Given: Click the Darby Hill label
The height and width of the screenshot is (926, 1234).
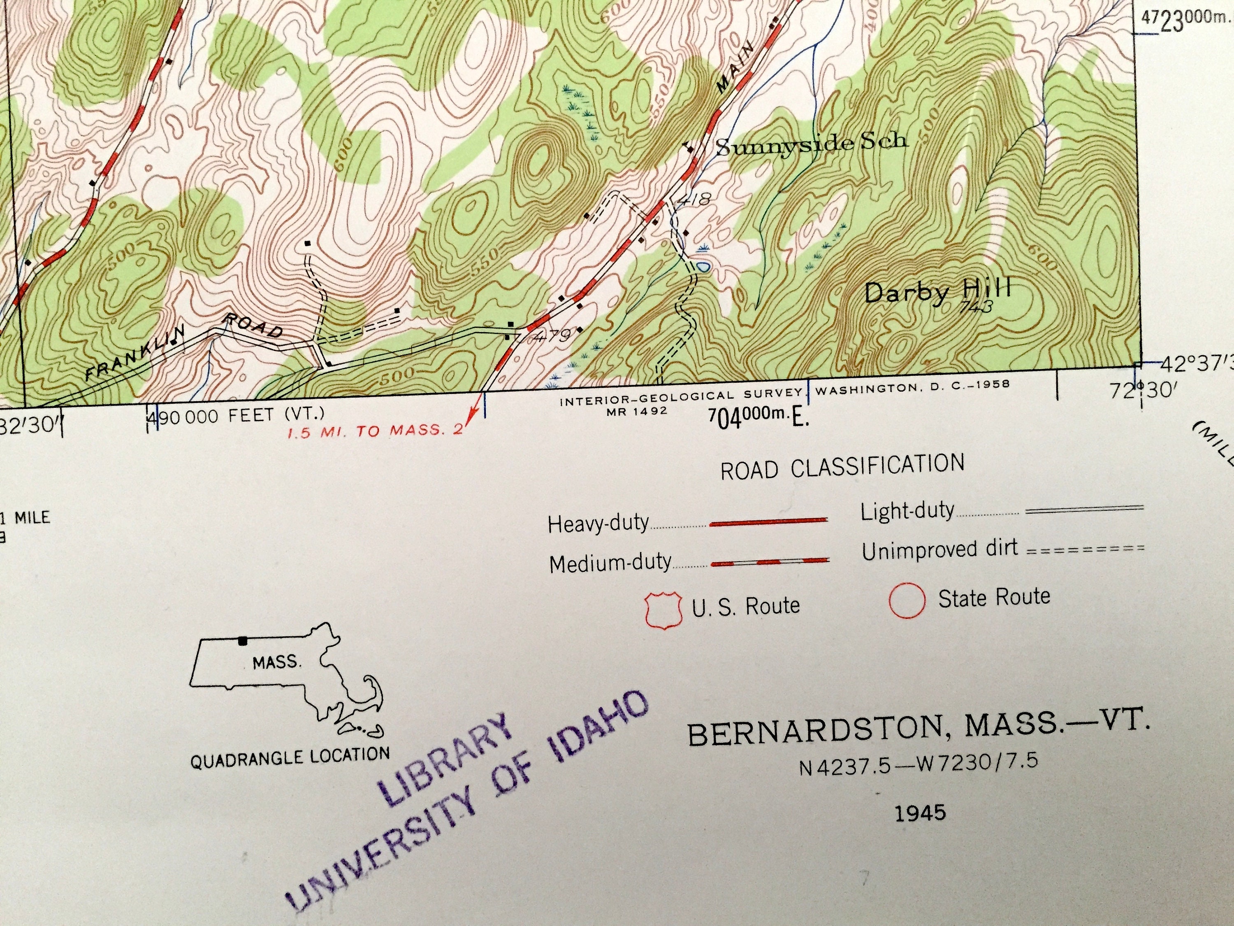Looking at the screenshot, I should [937, 291].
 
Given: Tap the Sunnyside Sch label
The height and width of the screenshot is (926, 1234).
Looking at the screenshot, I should [812, 144].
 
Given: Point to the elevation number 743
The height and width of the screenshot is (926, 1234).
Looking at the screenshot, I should [977, 307].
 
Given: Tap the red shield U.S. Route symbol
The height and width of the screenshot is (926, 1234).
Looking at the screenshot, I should [664, 611].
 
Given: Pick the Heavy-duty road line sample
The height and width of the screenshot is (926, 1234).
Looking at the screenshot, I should [768, 522].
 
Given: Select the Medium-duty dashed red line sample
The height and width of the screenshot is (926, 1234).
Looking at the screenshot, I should [770, 562].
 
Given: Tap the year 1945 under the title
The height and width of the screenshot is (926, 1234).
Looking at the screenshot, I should [921, 812].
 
